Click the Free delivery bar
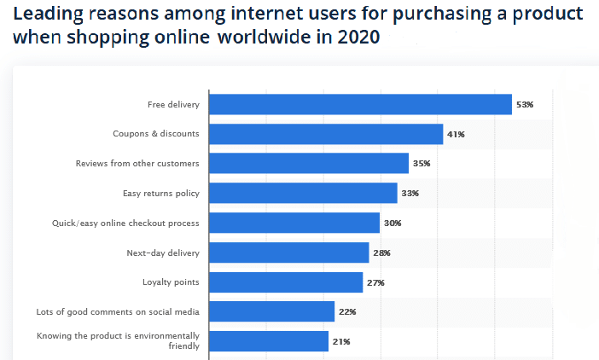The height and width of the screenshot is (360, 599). pyautogui.click(x=360, y=104)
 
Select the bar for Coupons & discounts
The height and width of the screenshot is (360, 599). pyautogui.click(x=326, y=134)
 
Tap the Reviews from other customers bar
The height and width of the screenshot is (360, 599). pyautogui.click(x=309, y=164)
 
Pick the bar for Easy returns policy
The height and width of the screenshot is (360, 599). pyautogui.click(x=303, y=193)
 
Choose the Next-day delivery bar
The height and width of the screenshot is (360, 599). pyautogui.click(x=289, y=253)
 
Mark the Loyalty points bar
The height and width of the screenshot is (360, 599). pyautogui.click(x=286, y=282)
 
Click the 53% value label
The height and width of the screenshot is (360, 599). pyautogui.click(x=525, y=105)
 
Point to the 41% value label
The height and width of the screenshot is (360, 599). pyautogui.click(x=457, y=135)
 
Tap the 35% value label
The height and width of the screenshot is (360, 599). pyautogui.click(x=422, y=164)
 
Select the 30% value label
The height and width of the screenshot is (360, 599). pyautogui.click(x=393, y=224)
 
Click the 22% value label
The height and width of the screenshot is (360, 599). pyautogui.click(x=347, y=312)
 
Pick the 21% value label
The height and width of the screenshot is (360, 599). pyautogui.click(x=341, y=342)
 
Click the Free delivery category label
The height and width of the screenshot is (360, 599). pyautogui.click(x=173, y=105)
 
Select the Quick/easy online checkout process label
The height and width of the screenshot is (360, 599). pyautogui.click(x=125, y=224)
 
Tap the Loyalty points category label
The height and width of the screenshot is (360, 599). pyautogui.click(x=171, y=282)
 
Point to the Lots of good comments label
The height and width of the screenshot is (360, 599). pyautogui.click(x=118, y=312)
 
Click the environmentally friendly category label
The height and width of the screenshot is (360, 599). pyautogui.click(x=118, y=341)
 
